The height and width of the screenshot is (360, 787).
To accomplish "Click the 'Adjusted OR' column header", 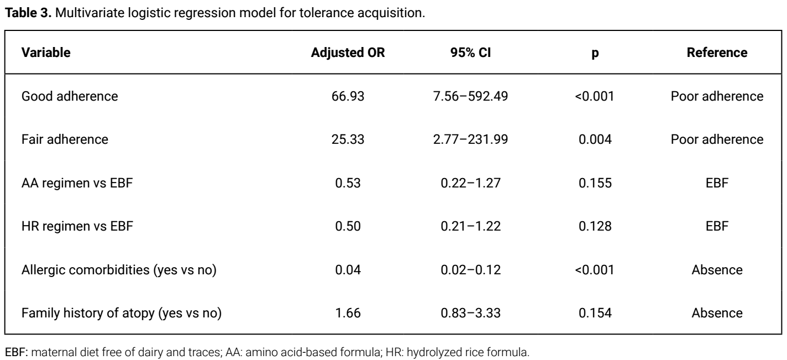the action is tap(348, 53).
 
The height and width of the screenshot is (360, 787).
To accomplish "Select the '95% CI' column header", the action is tap(470, 53).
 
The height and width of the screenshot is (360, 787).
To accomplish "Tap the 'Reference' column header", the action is tap(717, 53).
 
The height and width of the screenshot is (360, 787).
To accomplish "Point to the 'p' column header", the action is tap(595, 54).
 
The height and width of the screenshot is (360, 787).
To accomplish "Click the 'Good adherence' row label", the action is tap(70, 96).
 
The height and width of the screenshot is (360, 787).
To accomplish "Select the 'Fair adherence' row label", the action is tap(65, 139).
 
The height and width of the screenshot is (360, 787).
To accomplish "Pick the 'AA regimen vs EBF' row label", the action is tap(77, 183).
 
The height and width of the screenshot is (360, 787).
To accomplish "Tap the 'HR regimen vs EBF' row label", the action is tap(77, 226).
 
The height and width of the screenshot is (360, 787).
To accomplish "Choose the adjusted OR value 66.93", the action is tap(348, 96).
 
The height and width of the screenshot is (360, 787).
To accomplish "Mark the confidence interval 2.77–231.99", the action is tap(470, 139).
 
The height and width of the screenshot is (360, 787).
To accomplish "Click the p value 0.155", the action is tap(595, 183).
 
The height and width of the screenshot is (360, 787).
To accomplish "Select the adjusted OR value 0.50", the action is tap(348, 226).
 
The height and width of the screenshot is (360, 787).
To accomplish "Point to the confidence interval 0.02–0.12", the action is tap(471, 270).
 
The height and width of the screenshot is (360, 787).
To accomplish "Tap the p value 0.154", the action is tap(595, 313).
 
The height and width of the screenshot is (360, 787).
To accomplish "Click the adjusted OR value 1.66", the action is tap(348, 313).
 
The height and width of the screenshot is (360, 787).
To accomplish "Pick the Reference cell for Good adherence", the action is tap(717, 96).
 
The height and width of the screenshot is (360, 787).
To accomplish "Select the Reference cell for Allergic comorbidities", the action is tap(717, 270).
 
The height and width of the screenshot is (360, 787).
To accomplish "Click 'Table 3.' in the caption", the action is tap(28, 13).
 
